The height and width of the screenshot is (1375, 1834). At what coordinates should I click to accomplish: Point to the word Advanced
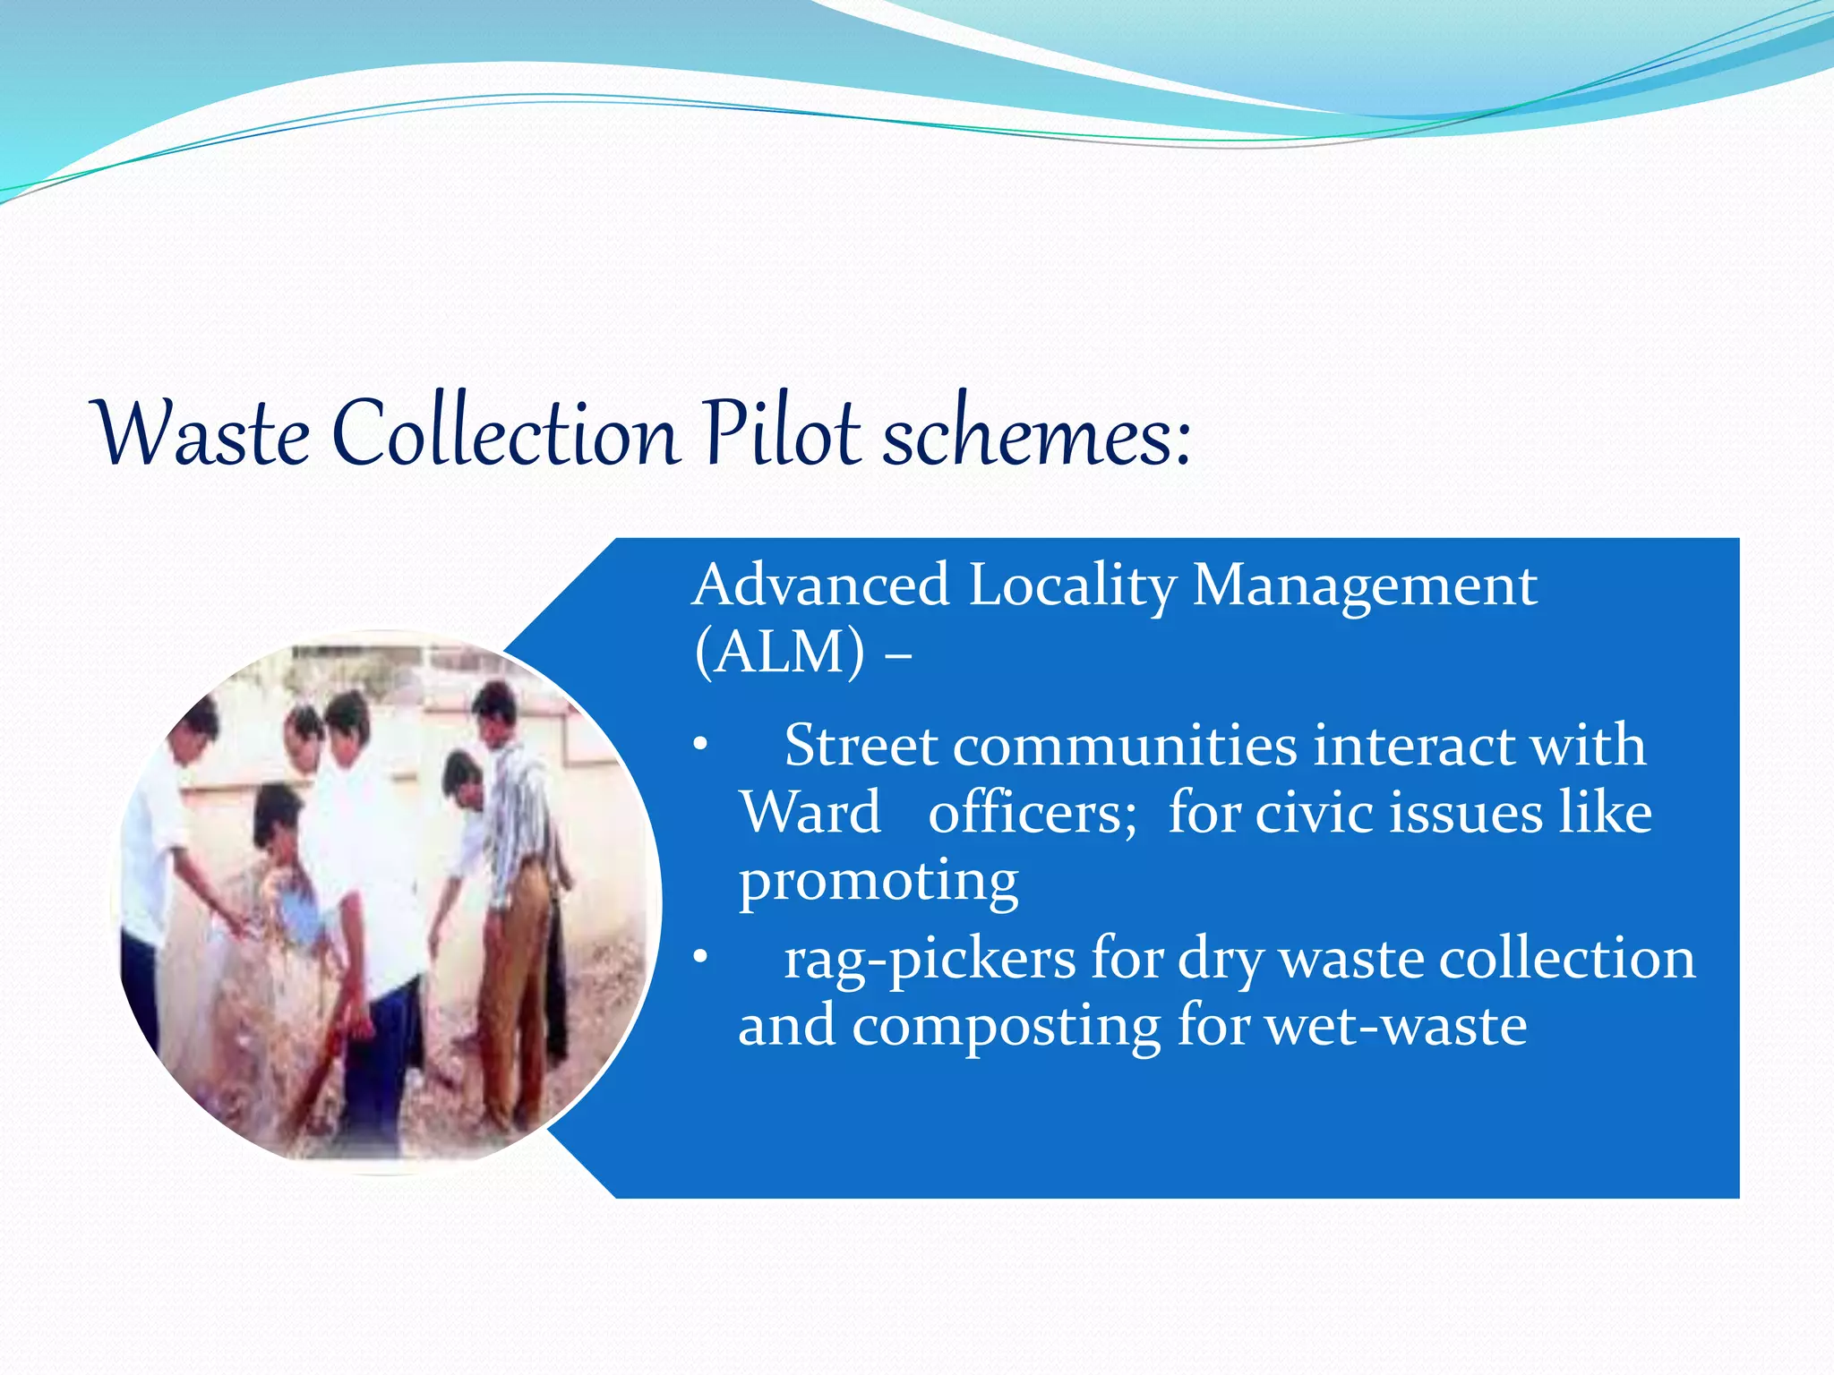click(x=820, y=585)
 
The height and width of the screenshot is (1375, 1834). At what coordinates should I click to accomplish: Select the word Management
click(x=1365, y=587)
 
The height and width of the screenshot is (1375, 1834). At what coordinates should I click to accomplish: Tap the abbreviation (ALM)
click(x=780, y=653)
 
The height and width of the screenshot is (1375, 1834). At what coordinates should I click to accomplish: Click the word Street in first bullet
click(x=861, y=746)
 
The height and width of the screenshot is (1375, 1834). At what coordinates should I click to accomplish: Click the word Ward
click(x=810, y=813)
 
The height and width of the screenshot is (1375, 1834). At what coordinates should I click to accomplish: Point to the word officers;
click(x=1032, y=813)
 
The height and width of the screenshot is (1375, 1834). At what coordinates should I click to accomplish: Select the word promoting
click(x=878, y=883)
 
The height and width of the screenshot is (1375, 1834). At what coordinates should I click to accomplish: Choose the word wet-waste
click(x=1397, y=1026)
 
